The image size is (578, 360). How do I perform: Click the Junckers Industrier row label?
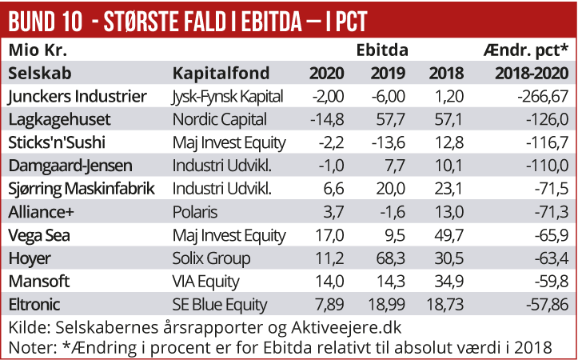[77, 97]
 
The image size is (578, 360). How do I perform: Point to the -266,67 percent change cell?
[538, 97]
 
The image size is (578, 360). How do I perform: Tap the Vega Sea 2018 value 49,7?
[447, 235]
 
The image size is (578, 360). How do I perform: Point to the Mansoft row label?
[39, 282]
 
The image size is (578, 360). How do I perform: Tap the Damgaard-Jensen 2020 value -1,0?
[331, 166]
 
